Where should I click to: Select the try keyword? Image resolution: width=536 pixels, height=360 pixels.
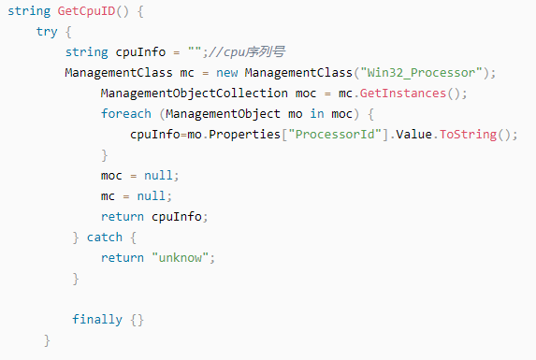[47, 31]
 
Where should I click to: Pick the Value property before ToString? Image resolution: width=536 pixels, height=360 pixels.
[415, 135]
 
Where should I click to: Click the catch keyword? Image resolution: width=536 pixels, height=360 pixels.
[105, 238]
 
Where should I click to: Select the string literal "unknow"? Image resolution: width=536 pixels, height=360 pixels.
[183, 258]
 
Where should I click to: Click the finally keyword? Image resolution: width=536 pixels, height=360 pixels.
[97, 320]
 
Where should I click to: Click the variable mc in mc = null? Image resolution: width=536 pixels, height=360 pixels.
[109, 196]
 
